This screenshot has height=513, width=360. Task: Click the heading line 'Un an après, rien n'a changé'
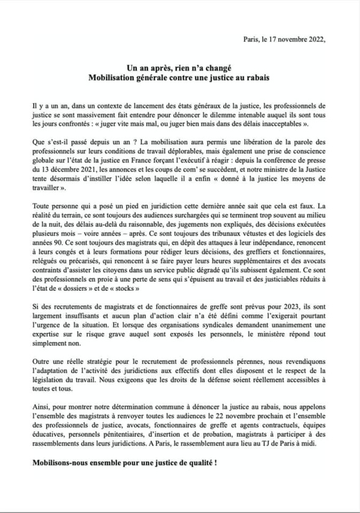(179, 71)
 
